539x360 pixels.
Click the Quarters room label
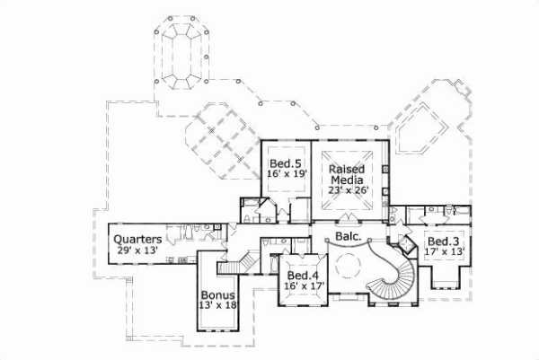(137, 239)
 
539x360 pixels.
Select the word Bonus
(218, 294)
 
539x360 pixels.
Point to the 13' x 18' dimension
(218, 306)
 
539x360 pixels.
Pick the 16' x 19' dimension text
(285, 173)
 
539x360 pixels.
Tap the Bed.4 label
(303, 274)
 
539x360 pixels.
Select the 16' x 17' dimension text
(303, 285)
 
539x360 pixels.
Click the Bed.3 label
(443, 242)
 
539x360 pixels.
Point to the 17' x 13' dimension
(443, 253)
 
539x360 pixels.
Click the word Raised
(346, 169)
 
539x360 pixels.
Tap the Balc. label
(349, 237)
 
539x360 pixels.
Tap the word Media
(346, 180)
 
